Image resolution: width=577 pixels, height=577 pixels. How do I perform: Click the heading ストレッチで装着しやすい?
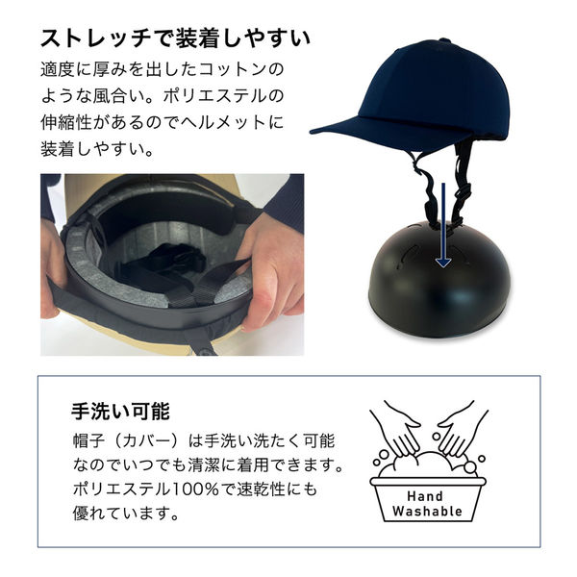click(174, 38)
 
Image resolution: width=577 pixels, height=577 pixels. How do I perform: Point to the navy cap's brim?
click(346, 128)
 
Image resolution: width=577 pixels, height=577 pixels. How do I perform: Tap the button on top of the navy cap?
click(443, 41)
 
